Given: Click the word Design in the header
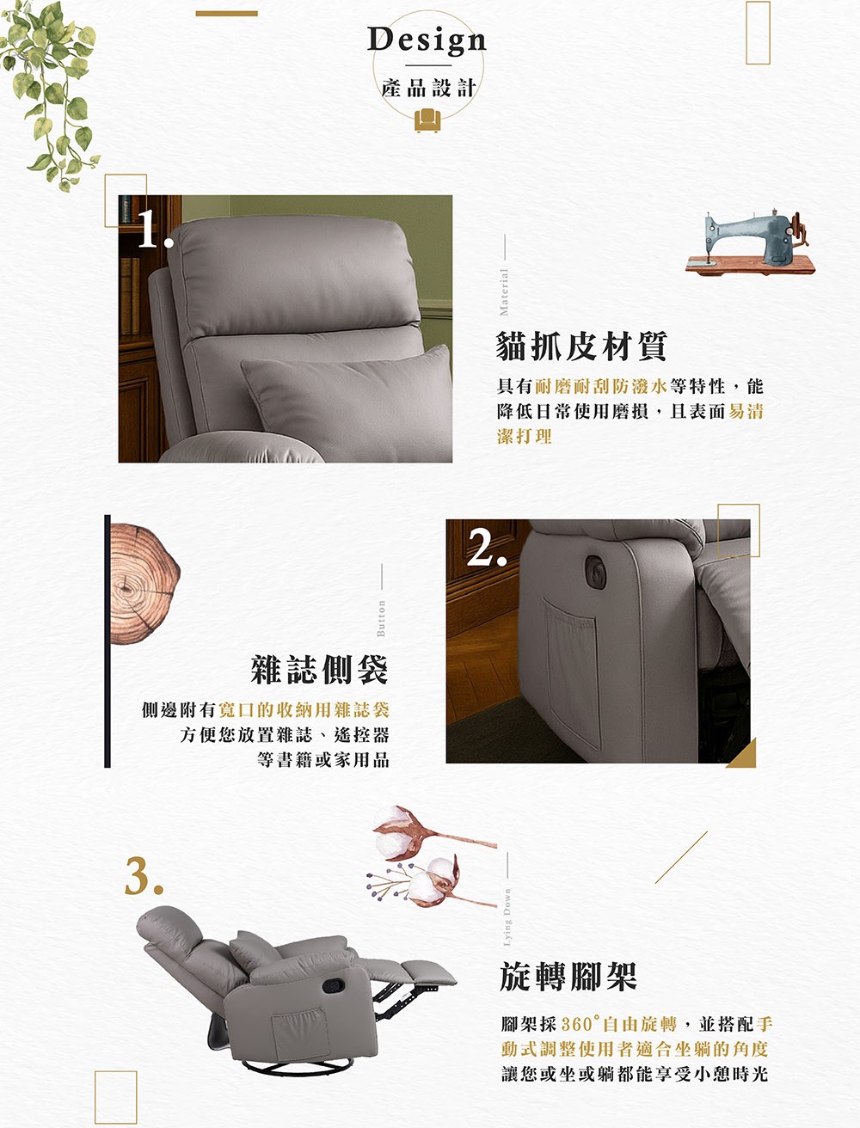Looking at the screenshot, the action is point(427,40).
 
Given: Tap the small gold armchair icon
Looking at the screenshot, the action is point(427,120).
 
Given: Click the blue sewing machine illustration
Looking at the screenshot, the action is point(750,242).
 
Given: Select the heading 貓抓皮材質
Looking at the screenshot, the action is point(581,346).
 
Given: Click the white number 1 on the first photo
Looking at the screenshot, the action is point(153,228).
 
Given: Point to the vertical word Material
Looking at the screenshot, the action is point(504,292).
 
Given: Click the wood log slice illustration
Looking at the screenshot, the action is point(144,584).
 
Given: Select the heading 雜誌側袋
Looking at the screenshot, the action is point(319,670).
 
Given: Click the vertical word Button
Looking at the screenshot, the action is point(381,618).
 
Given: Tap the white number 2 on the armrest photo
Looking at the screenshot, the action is point(487,547).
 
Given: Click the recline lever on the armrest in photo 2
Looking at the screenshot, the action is point(596,569).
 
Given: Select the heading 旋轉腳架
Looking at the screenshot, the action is point(568,977).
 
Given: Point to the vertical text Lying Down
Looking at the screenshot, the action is point(507,917).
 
